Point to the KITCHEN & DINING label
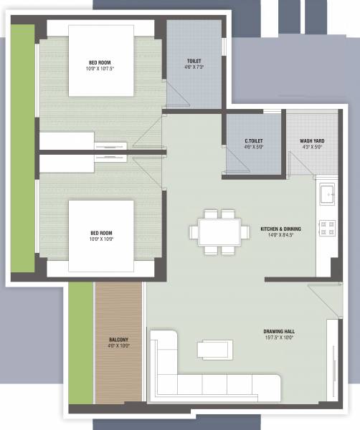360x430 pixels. (280, 229)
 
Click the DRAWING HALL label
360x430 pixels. (279, 332)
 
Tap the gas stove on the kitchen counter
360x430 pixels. (327, 228)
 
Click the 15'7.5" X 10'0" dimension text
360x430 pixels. (279, 339)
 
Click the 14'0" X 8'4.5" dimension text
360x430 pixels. (280, 235)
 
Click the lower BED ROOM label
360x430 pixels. (101, 233)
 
